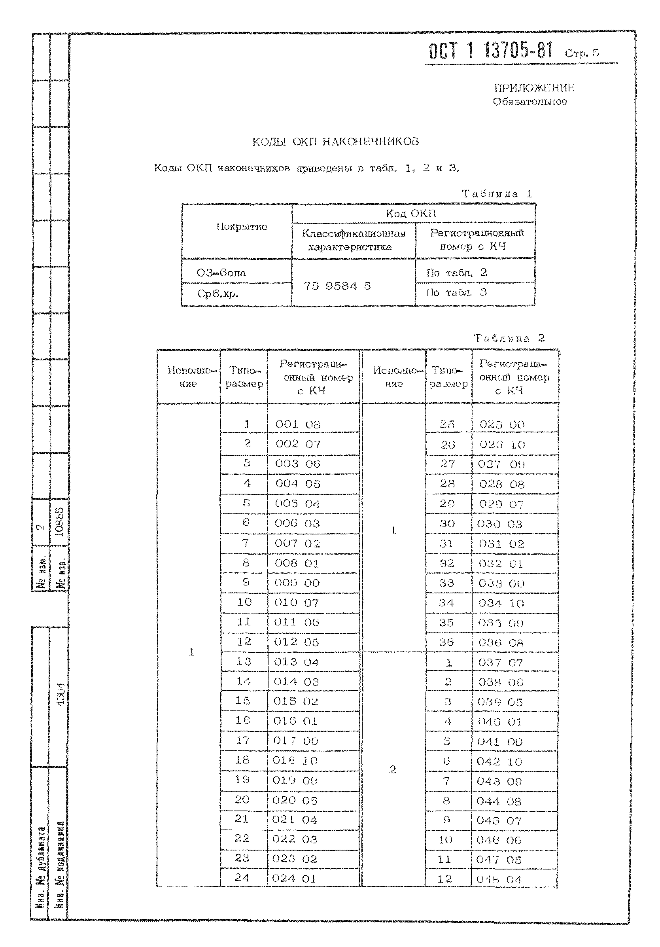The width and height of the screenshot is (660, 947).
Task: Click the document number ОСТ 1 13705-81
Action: [x=491, y=51]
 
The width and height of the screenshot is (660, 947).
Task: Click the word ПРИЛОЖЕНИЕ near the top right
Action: [x=534, y=88]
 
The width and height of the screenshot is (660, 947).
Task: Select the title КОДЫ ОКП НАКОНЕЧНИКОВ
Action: [x=336, y=142]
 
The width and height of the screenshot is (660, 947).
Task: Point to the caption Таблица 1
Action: [x=497, y=193]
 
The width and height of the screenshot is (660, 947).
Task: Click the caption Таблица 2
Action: [x=509, y=338]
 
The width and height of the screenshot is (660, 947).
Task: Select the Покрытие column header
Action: [x=242, y=226]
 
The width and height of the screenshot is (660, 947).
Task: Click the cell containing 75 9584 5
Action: [x=337, y=286]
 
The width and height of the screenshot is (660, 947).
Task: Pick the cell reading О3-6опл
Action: [x=221, y=273]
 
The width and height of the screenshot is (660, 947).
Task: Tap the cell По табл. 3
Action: [x=456, y=292]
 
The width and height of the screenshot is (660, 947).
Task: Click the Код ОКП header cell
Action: [x=410, y=213]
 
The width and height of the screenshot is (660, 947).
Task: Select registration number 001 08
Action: [x=298, y=424]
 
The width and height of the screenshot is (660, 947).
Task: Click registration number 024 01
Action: [x=293, y=878]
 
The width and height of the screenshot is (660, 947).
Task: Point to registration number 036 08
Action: [x=501, y=642]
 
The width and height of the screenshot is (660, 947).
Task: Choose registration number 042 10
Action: [x=499, y=761]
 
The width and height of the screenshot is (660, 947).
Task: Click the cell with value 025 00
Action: [x=502, y=424]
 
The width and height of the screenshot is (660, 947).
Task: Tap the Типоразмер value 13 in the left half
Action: [x=244, y=661]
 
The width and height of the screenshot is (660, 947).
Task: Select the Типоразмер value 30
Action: [x=447, y=523]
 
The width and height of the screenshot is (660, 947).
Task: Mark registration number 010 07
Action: [x=297, y=602]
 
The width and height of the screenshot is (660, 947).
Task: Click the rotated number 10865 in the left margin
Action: [x=60, y=522]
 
